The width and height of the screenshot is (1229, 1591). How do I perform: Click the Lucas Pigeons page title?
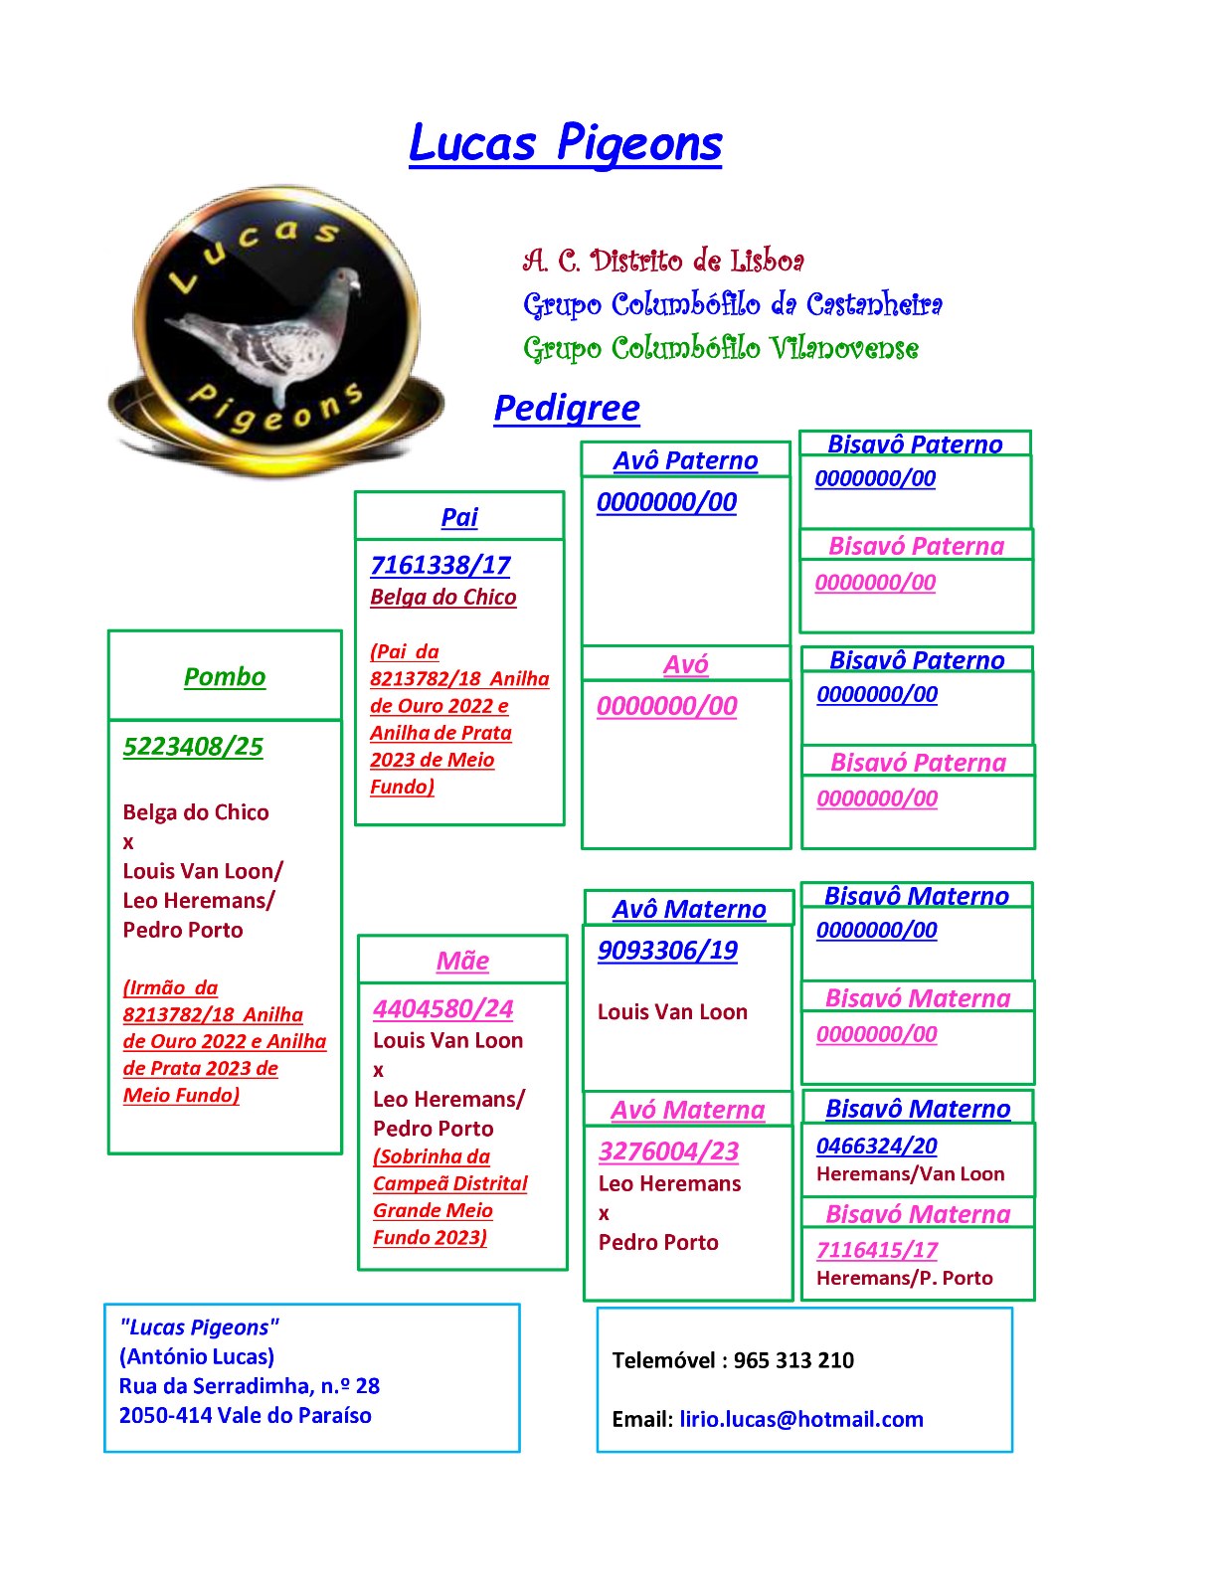tap(565, 143)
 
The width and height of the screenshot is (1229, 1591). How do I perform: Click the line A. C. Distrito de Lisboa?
tap(663, 261)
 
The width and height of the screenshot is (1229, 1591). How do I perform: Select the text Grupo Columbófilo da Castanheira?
tap(732, 304)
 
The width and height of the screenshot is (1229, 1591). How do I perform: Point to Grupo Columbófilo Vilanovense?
tap(720, 348)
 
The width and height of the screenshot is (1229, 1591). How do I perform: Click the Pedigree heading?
tap(567, 408)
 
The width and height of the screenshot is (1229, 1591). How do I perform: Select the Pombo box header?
tap(224, 676)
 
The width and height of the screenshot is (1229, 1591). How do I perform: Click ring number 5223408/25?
tap(193, 746)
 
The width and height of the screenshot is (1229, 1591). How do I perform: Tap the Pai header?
tap(459, 517)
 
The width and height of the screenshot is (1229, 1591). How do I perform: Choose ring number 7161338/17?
tap(439, 565)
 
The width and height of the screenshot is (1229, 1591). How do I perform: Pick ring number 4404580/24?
tap(442, 1008)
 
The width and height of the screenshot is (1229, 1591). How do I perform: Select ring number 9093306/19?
tap(667, 950)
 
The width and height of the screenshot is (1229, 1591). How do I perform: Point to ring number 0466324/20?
tap(876, 1146)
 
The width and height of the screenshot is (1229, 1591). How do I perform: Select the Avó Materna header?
tap(687, 1110)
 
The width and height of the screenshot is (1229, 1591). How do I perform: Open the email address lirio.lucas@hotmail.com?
tap(801, 1419)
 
